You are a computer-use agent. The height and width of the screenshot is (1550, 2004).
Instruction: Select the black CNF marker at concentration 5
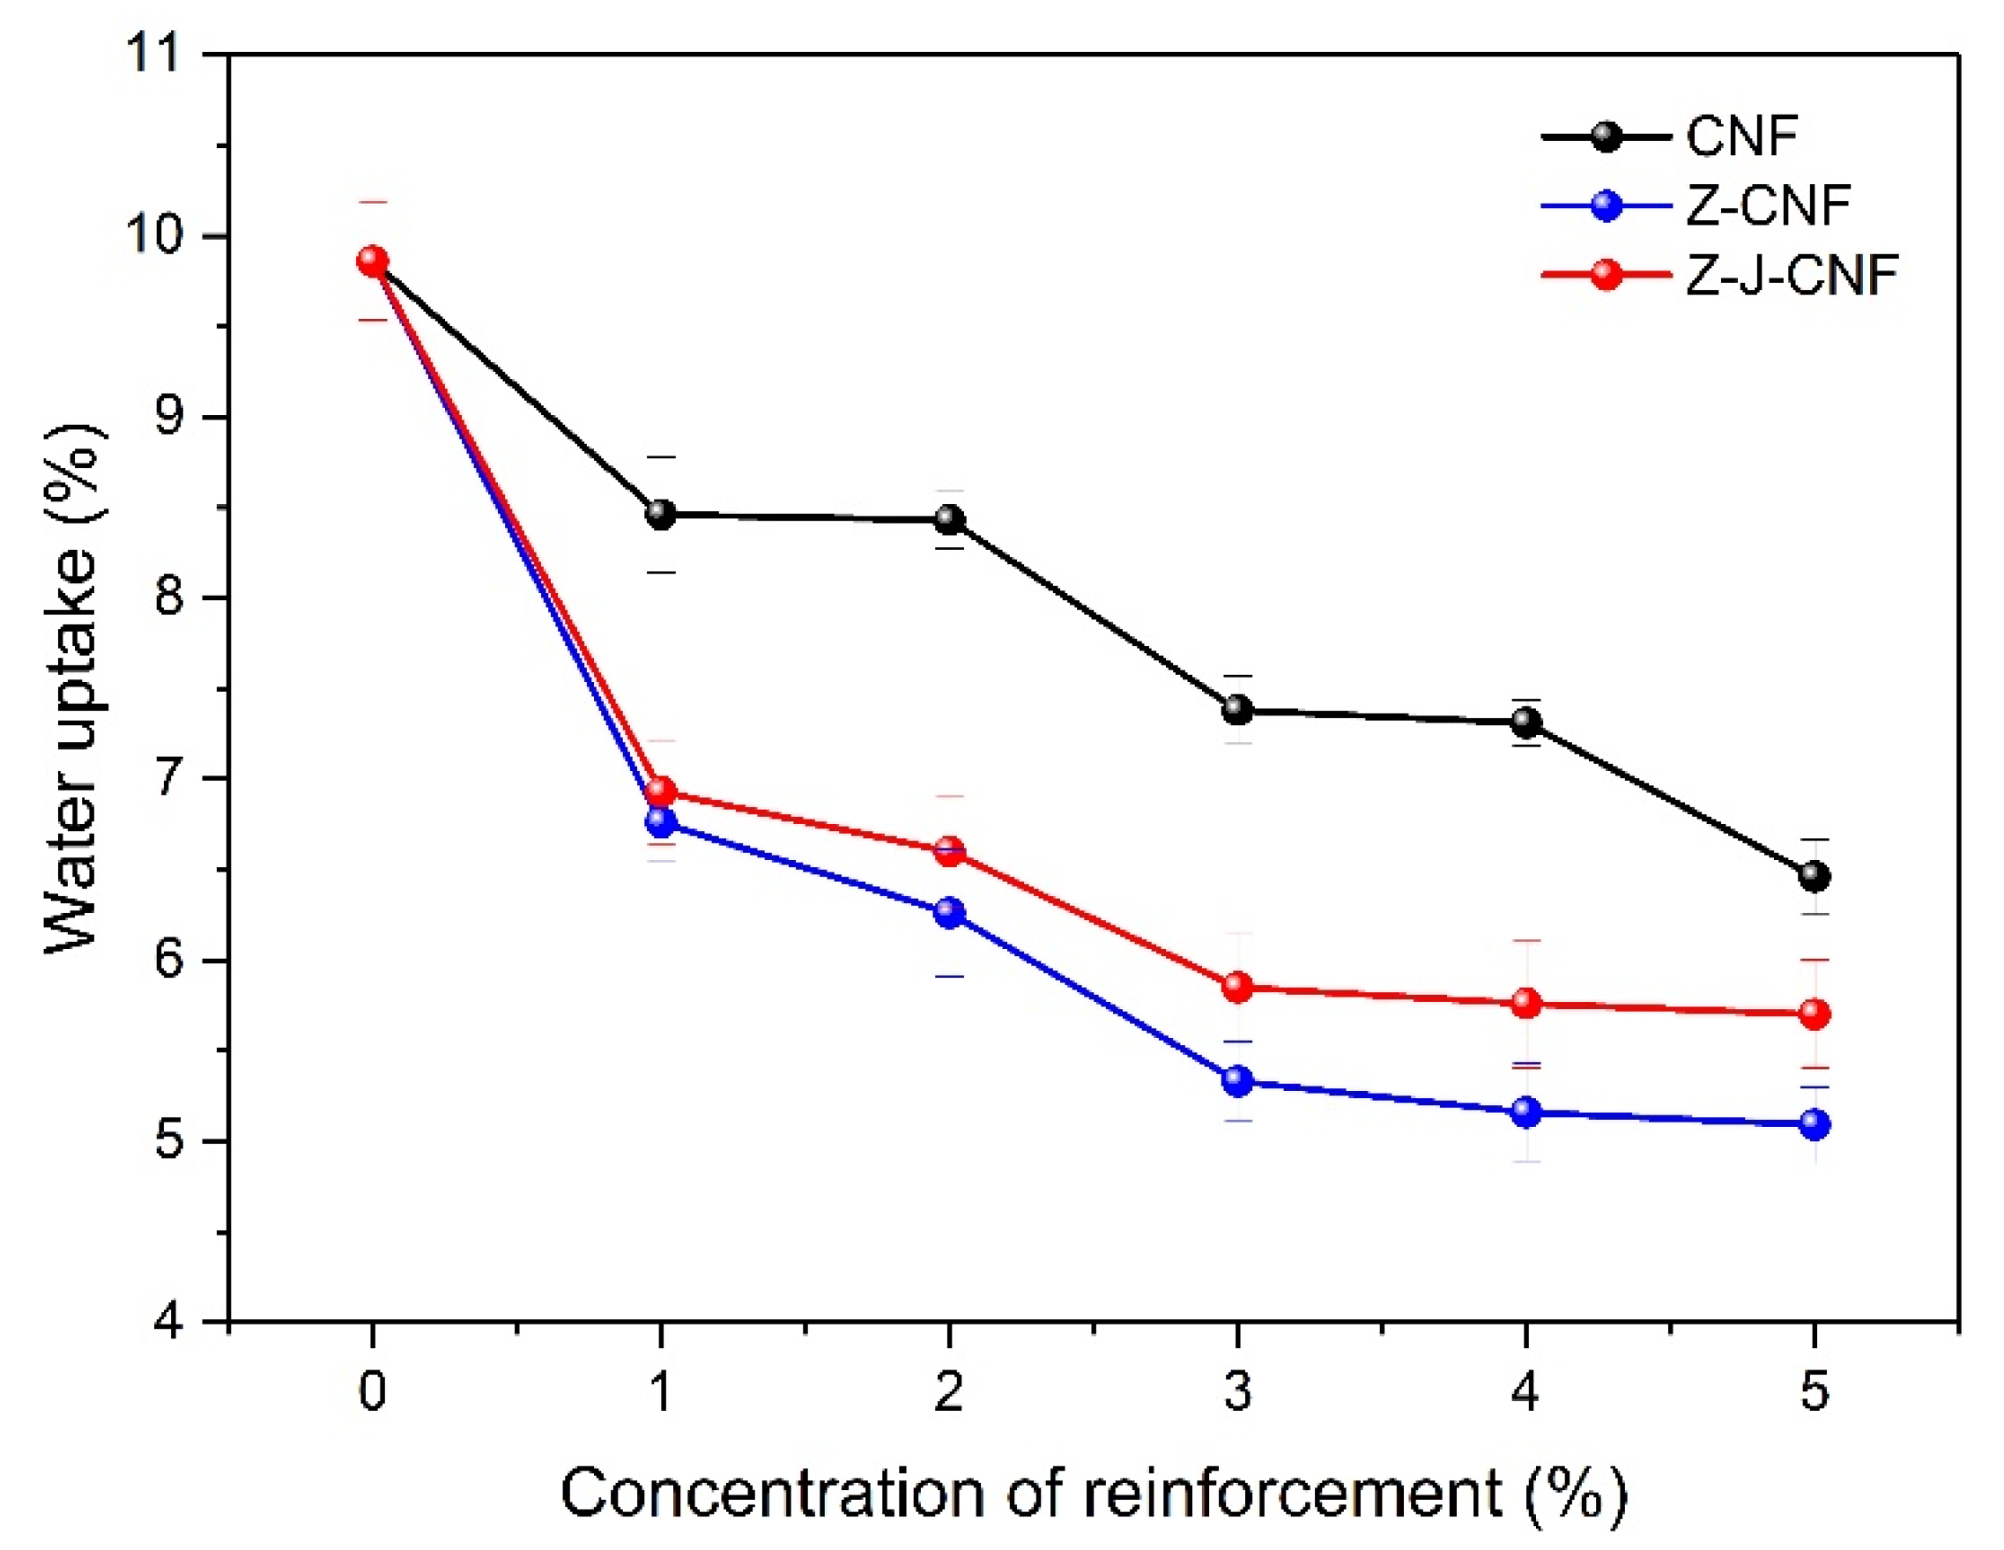pyautogui.click(x=1814, y=876)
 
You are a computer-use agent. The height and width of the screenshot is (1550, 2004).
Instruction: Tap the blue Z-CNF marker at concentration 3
pyautogui.click(x=1238, y=1080)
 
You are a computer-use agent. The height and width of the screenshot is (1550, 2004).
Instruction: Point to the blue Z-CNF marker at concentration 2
pyautogui.click(x=950, y=912)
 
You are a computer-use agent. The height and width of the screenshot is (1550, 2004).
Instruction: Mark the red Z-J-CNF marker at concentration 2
pyautogui.click(x=950, y=850)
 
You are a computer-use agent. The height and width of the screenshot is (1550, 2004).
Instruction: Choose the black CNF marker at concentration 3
pyautogui.click(x=1238, y=709)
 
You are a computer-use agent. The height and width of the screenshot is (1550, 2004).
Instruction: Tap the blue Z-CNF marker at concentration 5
pyautogui.click(x=1814, y=1124)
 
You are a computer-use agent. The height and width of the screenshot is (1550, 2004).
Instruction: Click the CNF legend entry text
pyautogui.click(x=1741, y=136)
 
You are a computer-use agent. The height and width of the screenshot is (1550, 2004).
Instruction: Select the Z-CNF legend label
pyautogui.click(x=1766, y=205)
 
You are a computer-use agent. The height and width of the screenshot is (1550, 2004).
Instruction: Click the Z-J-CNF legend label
pyautogui.click(x=1791, y=274)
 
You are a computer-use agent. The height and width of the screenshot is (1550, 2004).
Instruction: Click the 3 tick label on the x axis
pyautogui.click(x=1238, y=1391)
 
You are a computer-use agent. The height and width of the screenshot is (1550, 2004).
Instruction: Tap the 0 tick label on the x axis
pyautogui.click(x=372, y=1391)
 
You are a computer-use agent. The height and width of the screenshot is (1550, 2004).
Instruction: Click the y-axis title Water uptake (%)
pyautogui.click(x=73, y=688)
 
